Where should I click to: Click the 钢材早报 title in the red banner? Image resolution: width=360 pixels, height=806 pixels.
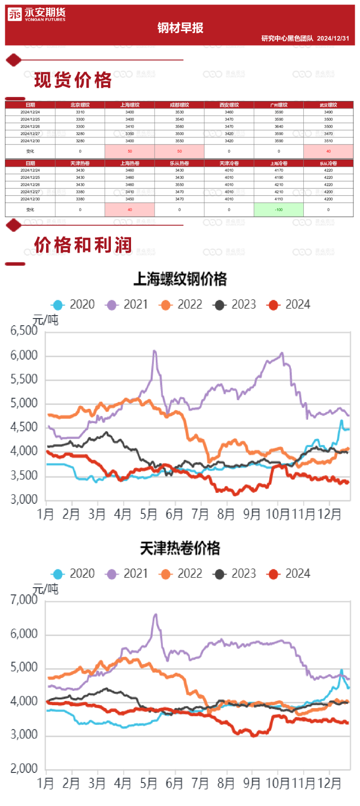coord(180,28)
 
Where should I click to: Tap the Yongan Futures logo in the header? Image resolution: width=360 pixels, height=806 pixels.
coord(36,15)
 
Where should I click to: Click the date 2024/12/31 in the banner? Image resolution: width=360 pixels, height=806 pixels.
coord(333,38)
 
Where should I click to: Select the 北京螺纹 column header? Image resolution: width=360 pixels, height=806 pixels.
coord(80,105)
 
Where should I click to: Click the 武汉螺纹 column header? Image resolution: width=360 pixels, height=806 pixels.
coord(328,105)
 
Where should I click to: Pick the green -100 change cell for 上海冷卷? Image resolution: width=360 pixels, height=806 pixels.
coord(278,210)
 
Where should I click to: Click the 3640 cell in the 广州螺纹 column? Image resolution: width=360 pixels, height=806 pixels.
coord(278,127)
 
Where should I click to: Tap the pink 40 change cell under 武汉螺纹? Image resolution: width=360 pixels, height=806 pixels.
coord(328,151)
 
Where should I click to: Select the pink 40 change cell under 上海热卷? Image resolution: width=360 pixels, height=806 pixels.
coord(130,210)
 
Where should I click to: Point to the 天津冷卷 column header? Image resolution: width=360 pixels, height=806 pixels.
coord(229,163)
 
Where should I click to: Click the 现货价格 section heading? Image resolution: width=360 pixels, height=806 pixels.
coord(73,80)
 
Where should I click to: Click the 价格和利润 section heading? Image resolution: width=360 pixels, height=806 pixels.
coord(83,245)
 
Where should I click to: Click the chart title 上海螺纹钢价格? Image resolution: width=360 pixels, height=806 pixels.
coord(180,279)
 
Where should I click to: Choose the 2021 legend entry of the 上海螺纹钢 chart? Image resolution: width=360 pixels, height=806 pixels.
coord(127,305)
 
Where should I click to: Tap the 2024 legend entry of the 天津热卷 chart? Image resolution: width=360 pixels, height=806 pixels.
coord(289,574)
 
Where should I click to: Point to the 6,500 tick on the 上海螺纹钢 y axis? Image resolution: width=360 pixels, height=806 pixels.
coord(24,331)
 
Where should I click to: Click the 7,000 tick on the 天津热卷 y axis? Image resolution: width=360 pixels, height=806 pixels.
coord(24,600)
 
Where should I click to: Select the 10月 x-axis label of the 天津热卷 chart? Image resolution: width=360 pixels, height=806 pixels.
coord(278,783)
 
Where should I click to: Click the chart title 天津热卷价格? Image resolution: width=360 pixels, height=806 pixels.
coord(180,548)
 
